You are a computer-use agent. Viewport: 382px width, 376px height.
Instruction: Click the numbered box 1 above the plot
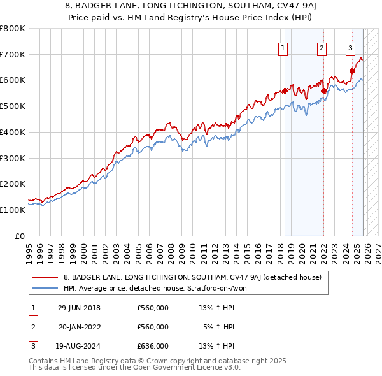click(x=282, y=47)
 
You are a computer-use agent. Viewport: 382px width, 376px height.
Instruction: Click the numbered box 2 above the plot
click(x=322, y=47)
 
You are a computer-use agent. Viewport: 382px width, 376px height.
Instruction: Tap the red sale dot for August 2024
click(x=352, y=71)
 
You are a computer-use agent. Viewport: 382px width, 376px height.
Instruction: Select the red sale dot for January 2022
click(x=324, y=90)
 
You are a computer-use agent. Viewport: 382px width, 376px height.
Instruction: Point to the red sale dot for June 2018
click(x=285, y=90)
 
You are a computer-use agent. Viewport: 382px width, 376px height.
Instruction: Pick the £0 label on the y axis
click(x=19, y=236)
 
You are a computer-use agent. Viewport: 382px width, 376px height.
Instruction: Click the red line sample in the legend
click(x=45, y=277)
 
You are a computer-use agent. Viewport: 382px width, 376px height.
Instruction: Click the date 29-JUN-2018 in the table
click(x=79, y=308)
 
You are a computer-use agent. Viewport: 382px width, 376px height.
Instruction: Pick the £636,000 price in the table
click(x=152, y=346)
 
